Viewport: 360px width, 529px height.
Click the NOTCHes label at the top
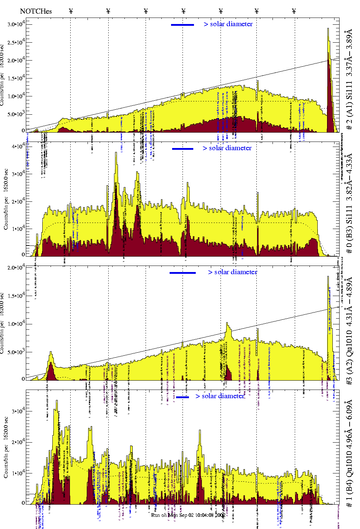(36, 11)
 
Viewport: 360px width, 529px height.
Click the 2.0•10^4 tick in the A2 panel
(16, 267)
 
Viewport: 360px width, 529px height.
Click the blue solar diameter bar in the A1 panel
(183, 25)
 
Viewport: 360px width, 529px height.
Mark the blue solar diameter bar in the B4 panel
(183, 397)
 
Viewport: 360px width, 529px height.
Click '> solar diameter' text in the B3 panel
(227, 148)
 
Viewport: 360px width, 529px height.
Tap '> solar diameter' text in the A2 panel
(232, 272)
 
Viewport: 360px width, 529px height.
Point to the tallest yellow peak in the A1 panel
(328, 29)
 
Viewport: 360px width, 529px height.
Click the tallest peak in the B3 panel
(116, 153)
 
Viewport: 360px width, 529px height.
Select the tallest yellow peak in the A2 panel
(328, 277)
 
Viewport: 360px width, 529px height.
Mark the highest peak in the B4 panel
(57, 401)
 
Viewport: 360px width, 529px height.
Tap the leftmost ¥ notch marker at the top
(71, 11)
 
